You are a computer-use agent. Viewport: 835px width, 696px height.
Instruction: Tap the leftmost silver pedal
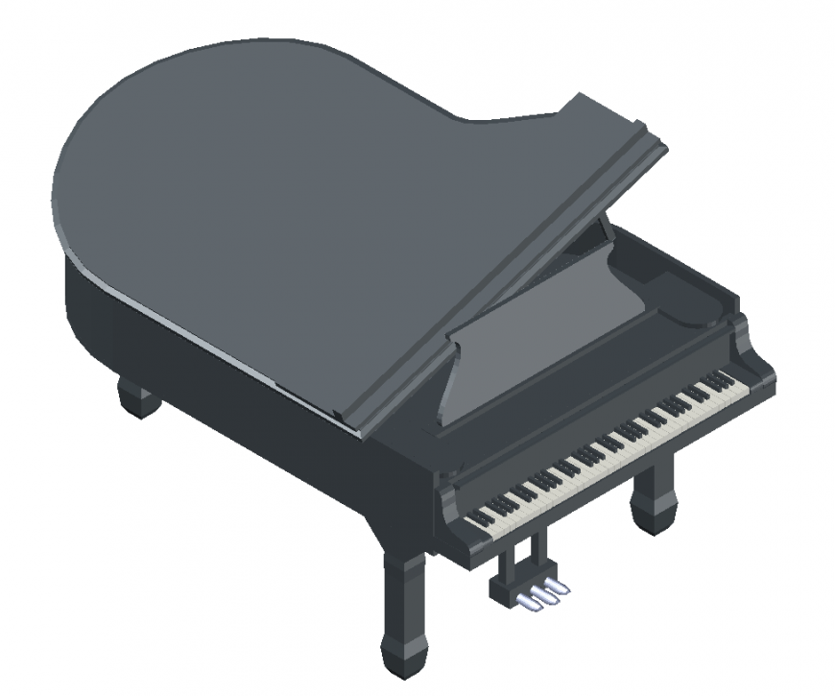[x=527, y=601]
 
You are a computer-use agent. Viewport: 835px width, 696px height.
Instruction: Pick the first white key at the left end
[x=471, y=522]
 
